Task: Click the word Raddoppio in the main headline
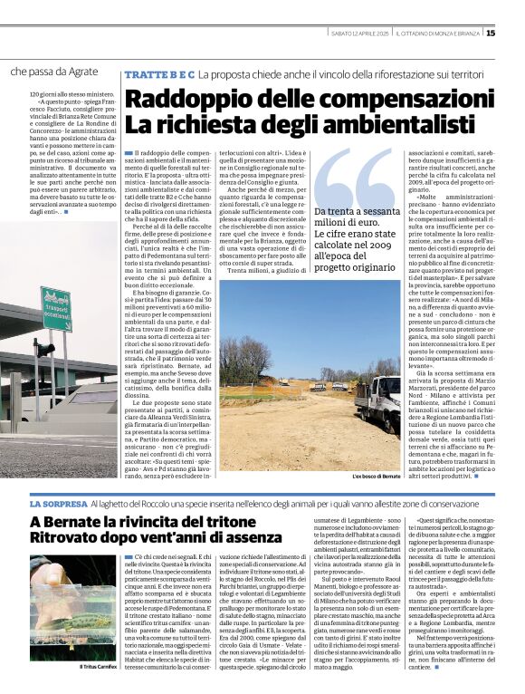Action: click(x=177, y=100)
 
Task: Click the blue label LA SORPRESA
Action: click(x=58, y=502)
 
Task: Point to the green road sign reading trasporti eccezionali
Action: click(x=56, y=311)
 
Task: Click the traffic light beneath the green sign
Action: click(x=42, y=350)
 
